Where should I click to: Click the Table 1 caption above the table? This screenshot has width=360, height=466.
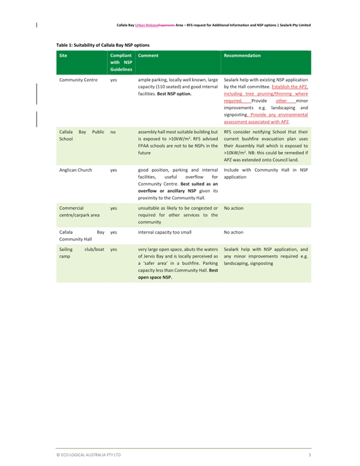103,45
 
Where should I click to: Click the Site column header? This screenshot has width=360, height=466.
63,55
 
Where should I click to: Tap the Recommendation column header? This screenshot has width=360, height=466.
242,55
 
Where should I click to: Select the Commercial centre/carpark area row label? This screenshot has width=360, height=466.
76,211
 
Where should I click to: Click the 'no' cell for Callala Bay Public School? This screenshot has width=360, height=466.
113,131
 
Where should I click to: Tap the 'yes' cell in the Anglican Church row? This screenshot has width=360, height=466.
113,170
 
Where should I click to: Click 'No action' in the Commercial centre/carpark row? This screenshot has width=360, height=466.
233,208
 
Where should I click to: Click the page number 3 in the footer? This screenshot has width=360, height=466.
310,455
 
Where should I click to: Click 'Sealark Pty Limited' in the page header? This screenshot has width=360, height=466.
291,25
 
